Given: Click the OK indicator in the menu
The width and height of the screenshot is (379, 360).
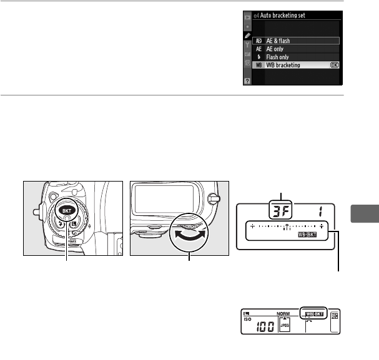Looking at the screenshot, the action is pos(335,66).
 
